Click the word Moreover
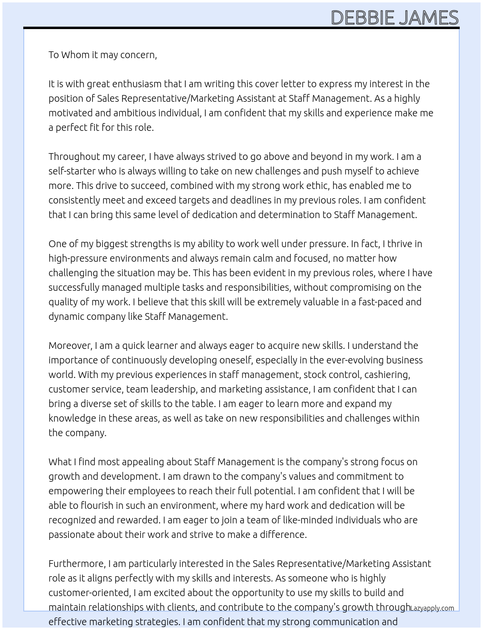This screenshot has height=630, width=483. [70, 346]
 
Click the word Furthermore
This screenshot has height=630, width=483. [77, 564]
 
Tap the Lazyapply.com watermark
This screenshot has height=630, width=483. [432, 608]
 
